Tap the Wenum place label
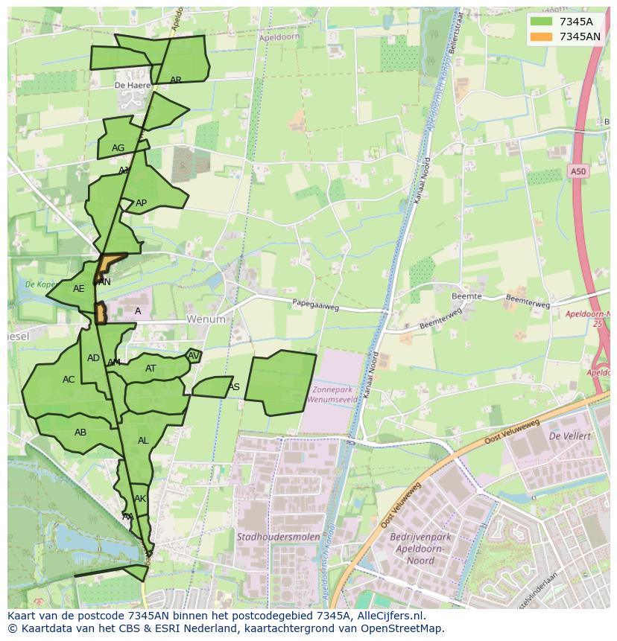(x=206, y=319)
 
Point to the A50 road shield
(x=578, y=172)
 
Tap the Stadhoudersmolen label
(x=278, y=537)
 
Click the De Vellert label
(x=569, y=436)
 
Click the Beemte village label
(x=466, y=296)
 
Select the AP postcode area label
(x=141, y=203)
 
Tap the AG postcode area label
(x=118, y=148)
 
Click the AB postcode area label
(x=80, y=433)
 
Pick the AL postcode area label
(x=143, y=441)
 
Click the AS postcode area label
(x=234, y=387)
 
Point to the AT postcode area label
(x=151, y=369)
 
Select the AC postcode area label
(x=69, y=380)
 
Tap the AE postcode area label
(x=79, y=289)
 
